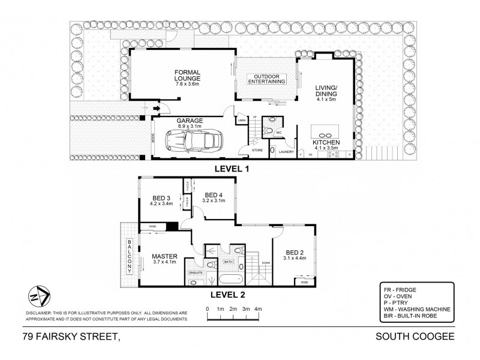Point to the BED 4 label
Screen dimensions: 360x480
pyautogui.click(x=214, y=195)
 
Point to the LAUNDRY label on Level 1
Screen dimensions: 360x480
pyautogui.click(x=286, y=151)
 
